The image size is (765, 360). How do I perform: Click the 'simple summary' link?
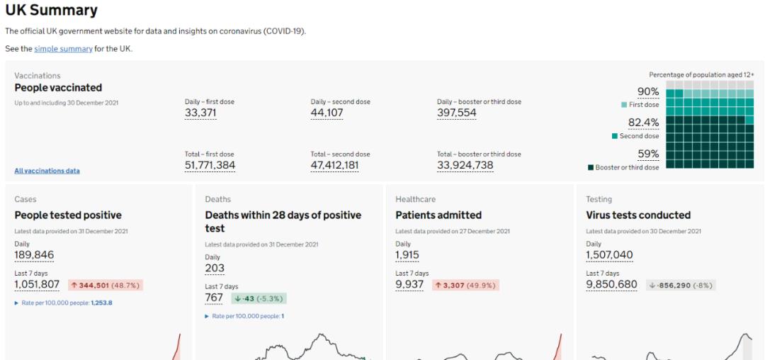click(63, 49)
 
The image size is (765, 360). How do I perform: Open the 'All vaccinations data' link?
click(47, 171)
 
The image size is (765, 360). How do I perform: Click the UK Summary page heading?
click(51, 11)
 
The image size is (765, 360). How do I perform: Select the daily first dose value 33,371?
click(200, 113)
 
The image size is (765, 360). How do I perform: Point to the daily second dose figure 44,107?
click(327, 113)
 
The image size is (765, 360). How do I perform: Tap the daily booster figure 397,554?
click(457, 113)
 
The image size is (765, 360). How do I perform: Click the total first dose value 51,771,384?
click(210, 165)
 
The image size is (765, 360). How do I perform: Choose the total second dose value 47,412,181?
click(335, 165)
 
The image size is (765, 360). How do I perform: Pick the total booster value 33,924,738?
click(465, 165)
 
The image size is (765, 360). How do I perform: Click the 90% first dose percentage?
click(648, 91)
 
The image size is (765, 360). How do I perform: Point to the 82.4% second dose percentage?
click(643, 123)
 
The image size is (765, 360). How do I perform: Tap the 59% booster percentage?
click(648, 154)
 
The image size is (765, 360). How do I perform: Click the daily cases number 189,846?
click(34, 255)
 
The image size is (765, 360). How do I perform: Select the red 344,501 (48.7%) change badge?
click(106, 285)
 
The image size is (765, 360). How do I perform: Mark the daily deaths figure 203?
click(215, 269)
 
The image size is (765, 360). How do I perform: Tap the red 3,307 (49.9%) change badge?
click(465, 285)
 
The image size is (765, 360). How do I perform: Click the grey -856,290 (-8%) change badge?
click(680, 285)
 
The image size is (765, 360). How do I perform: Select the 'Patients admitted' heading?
click(438, 215)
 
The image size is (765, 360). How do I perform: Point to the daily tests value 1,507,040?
click(609, 255)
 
